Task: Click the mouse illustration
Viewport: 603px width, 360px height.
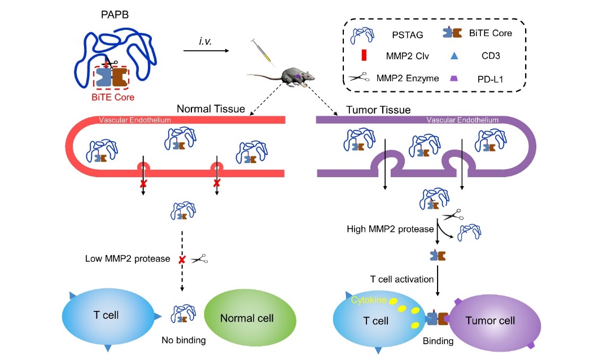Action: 294,77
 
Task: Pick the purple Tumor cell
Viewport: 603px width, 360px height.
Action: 490,321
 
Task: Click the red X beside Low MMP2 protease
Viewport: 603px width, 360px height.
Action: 182,260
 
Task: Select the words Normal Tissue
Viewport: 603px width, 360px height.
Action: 211,108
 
